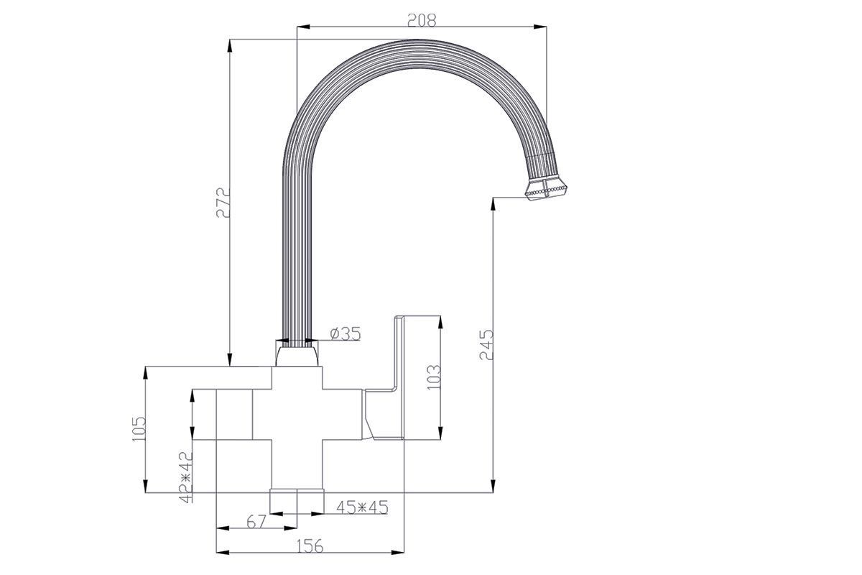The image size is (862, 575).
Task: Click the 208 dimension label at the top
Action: coord(422,20)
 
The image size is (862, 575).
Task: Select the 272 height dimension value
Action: coord(223,203)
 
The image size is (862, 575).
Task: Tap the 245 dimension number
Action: coord(486,344)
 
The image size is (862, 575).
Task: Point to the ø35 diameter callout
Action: coord(346,333)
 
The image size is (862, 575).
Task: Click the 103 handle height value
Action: coord(434,377)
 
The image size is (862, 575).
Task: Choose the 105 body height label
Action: coord(139,428)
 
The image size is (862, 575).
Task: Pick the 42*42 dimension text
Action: coord(186,477)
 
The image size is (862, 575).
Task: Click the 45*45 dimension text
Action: coord(362,507)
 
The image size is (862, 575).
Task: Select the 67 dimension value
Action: coord(256,522)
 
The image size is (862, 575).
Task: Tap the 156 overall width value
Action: coord(310,546)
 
